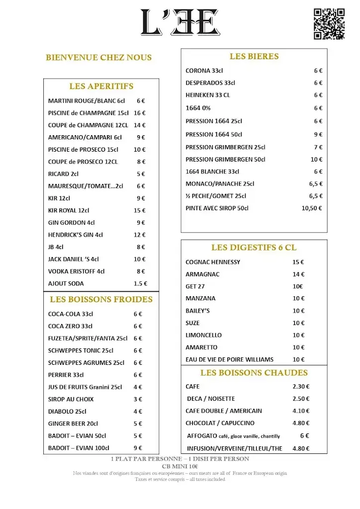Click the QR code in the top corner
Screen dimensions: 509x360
329,24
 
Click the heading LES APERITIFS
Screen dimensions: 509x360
101,86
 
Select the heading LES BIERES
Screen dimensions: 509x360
254,57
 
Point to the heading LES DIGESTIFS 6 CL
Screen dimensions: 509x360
254,248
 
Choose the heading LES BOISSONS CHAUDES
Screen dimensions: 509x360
254,373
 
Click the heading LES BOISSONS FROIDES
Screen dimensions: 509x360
101,300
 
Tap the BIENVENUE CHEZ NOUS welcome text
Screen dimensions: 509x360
98,58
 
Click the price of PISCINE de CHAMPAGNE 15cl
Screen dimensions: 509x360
139,113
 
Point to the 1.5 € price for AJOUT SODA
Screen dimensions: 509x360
140,283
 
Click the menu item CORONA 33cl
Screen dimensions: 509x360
204,71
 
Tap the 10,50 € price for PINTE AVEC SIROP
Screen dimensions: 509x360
312,208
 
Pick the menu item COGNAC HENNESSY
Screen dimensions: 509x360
213,262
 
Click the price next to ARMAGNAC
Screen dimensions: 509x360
298,274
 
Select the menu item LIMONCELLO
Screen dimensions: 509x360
204,335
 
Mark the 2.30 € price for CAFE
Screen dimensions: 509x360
301,386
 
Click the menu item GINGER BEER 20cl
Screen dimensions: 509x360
73,424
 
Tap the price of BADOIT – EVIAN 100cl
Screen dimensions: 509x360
138,448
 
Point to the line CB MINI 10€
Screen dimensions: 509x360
180,466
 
